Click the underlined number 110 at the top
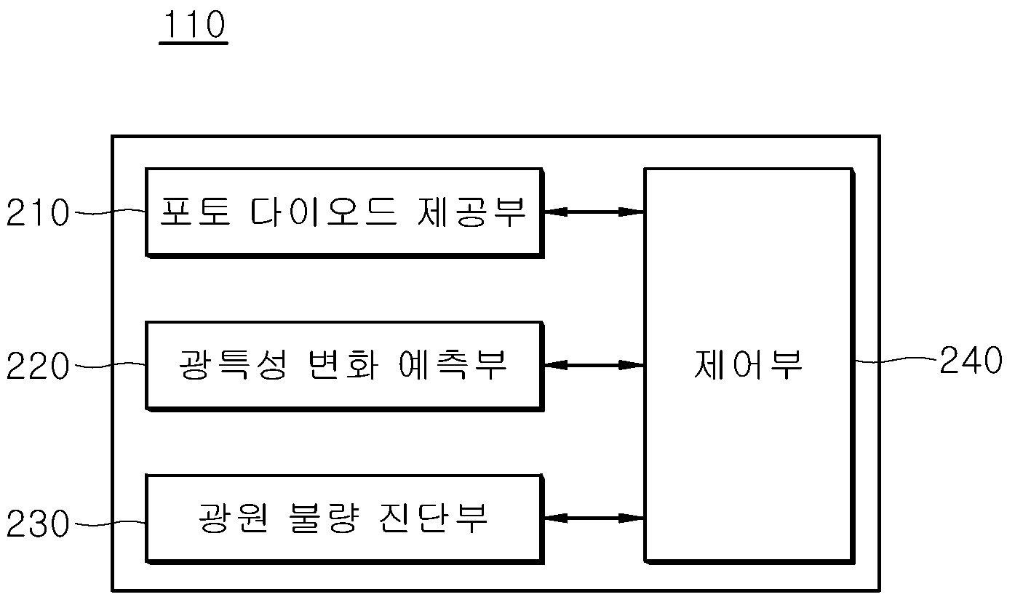[x=193, y=27]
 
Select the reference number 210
[x=37, y=215]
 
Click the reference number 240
[x=971, y=361]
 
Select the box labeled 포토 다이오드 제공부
[x=343, y=212]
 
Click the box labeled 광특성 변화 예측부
[x=343, y=365]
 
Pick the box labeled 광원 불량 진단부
[x=343, y=518]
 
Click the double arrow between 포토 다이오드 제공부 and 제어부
[x=594, y=212]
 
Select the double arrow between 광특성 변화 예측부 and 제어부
[x=594, y=365]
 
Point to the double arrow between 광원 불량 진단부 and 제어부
[x=594, y=518]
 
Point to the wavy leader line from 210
[x=108, y=212]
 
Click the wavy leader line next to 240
[x=895, y=359]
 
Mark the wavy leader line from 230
[x=108, y=521]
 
